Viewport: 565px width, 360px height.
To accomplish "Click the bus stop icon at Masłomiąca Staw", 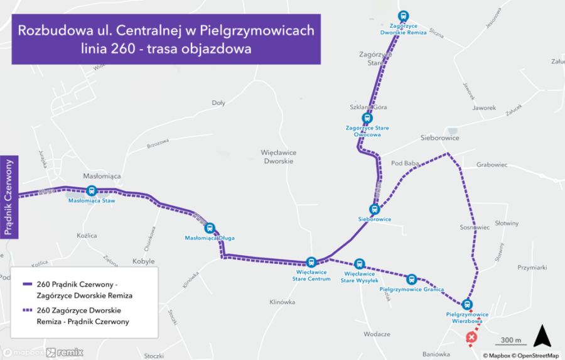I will pyautogui.click(x=91, y=191).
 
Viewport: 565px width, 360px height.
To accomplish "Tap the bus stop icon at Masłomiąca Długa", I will pyautogui.click(x=210, y=228).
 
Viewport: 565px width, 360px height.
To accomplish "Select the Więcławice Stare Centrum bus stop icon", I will pyautogui.click(x=311, y=262).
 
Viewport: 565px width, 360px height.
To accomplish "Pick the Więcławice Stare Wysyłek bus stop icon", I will pyautogui.click(x=359, y=264).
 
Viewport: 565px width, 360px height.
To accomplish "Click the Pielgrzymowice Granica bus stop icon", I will pyautogui.click(x=411, y=279).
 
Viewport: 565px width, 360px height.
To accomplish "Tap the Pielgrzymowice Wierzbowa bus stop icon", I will pyautogui.click(x=467, y=304).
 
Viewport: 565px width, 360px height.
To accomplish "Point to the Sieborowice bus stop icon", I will pyautogui.click(x=374, y=210).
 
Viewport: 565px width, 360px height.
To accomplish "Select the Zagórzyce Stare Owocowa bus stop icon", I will pyautogui.click(x=367, y=118).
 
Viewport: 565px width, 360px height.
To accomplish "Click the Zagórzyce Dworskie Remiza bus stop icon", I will pyautogui.click(x=403, y=17).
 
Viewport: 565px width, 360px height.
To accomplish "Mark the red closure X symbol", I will pyautogui.click(x=471, y=339).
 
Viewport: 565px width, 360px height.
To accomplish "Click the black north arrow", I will pyautogui.click(x=542, y=337).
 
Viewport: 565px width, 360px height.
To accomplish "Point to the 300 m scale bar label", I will pyautogui.click(x=511, y=340).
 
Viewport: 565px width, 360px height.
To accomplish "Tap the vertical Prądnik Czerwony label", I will pyautogui.click(x=9, y=197).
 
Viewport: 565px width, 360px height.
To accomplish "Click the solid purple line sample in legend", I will pyautogui.click(x=28, y=284).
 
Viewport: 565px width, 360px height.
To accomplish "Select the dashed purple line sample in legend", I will pyautogui.click(x=28, y=310).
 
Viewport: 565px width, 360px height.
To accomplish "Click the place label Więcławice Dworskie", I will pyautogui.click(x=279, y=156).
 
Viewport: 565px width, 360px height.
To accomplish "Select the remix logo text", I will pyautogui.click(x=70, y=352).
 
